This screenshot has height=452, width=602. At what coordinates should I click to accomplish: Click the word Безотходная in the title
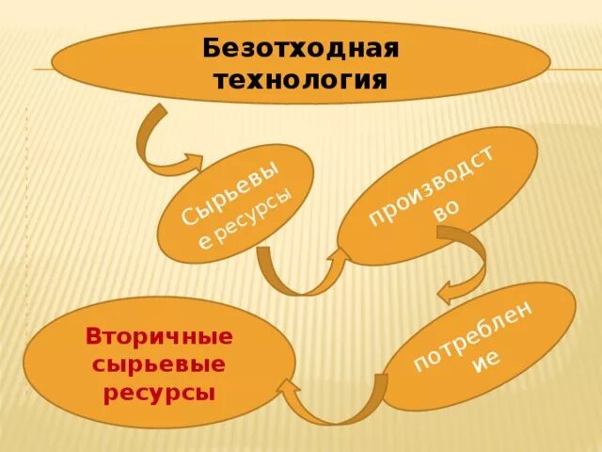click(x=301, y=47)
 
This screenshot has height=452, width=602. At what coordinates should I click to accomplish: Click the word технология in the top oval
click(x=301, y=77)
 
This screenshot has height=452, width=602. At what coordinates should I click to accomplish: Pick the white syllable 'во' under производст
click(x=446, y=213)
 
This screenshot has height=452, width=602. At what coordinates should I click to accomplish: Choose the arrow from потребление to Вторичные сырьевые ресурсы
click(x=334, y=405)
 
